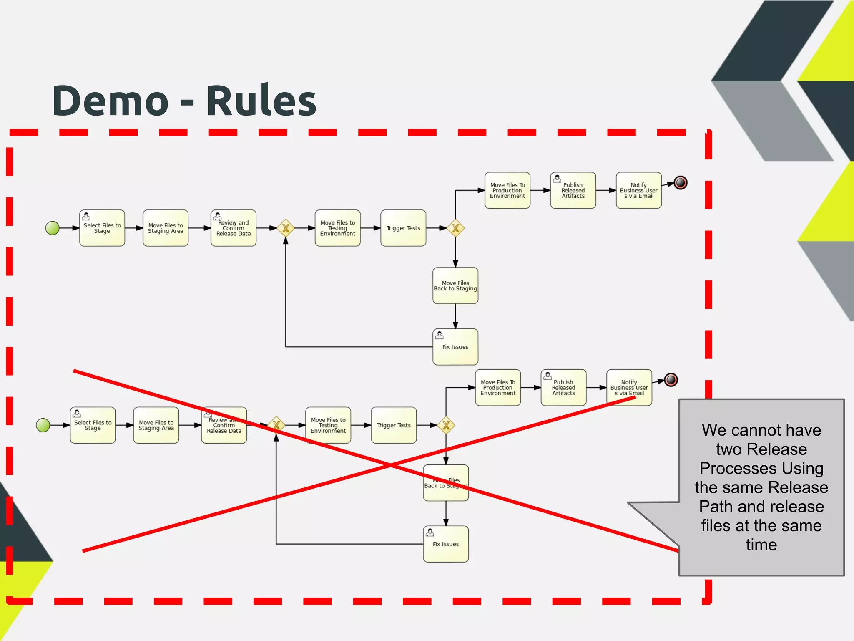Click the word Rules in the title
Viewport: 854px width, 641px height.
tap(261, 101)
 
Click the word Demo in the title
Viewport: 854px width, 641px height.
tap(111, 101)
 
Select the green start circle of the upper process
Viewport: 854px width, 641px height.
tap(53, 228)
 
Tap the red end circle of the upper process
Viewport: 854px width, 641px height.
tap(680, 183)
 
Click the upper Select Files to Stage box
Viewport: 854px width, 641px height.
tap(102, 228)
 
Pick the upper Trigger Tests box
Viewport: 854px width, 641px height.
tap(403, 228)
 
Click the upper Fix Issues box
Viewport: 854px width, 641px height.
tap(455, 347)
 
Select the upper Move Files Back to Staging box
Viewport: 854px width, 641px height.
tap(455, 285)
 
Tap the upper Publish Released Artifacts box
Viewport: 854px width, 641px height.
tap(573, 190)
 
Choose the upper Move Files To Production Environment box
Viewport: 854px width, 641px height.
tap(507, 190)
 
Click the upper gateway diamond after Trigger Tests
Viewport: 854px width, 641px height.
tap(455, 228)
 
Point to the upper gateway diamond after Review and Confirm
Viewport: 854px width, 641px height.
tap(286, 228)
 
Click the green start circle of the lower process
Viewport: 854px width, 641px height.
tap(43, 425)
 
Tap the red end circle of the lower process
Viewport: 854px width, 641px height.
tap(671, 380)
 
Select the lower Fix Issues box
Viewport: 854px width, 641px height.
tap(446, 544)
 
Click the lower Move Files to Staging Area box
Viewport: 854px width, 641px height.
tap(156, 425)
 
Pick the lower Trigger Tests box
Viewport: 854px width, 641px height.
tap(394, 425)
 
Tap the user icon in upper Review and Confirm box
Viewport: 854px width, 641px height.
tap(217, 216)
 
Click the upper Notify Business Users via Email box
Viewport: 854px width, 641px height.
tap(638, 190)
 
